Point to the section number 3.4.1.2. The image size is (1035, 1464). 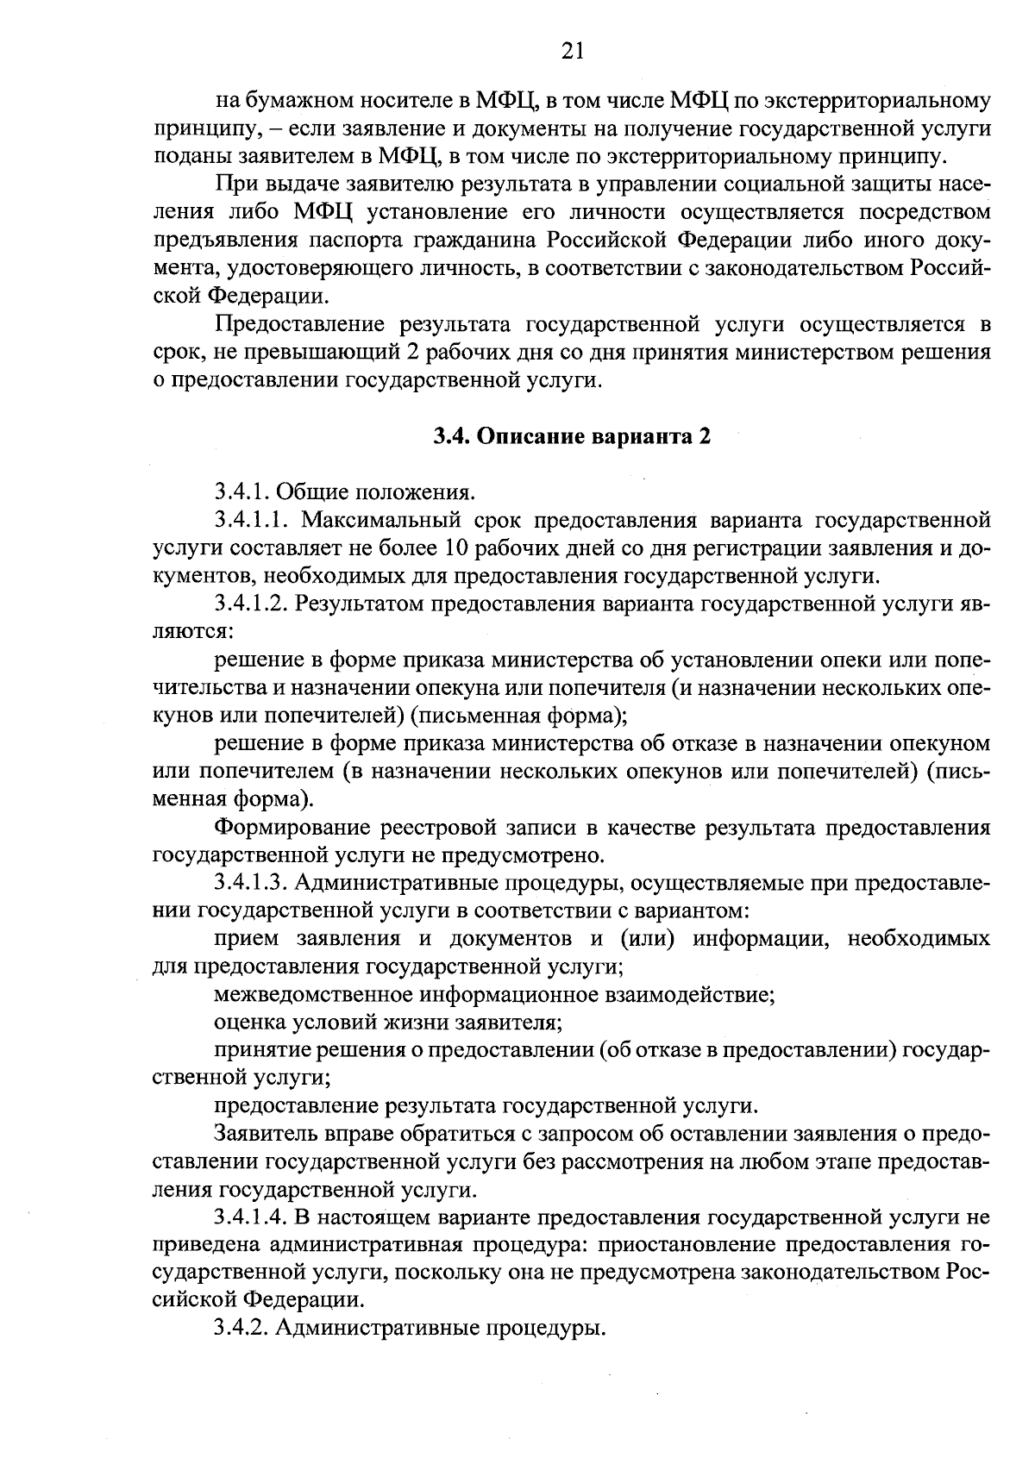pyautogui.click(x=250, y=604)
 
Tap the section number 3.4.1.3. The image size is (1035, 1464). pyautogui.click(x=250, y=883)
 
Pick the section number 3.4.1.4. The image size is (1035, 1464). pyautogui.click(x=250, y=1217)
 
